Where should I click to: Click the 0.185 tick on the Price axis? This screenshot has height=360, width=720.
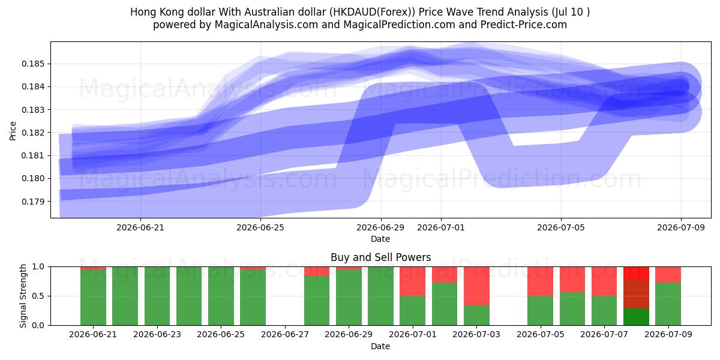click(33, 64)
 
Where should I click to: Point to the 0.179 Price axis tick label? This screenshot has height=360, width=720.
click(33, 202)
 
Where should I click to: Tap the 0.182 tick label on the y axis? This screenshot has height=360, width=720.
click(33, 133)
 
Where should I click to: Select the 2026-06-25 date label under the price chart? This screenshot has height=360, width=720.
click(260, 227)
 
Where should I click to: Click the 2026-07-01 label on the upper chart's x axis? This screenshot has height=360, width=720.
click(440, 227)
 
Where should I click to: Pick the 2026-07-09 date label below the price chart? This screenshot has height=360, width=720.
click(681, 227)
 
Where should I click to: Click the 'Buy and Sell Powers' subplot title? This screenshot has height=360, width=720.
click(380, 257)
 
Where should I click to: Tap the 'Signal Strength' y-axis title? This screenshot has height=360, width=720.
click(23, 296)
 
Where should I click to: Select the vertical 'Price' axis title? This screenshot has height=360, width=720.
click(13, 131)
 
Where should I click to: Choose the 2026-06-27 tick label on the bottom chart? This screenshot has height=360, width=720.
click(285, 335)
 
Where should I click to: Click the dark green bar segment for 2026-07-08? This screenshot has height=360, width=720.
click(636, 317)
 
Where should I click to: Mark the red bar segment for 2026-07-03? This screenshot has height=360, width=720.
click(476, 286)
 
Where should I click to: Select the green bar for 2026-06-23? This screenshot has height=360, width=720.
click(157, 296)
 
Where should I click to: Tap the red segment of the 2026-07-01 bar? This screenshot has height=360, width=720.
click(412, 281)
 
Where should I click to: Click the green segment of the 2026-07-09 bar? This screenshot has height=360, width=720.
click(668, 304)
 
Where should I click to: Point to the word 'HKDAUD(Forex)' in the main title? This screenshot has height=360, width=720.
click(372, 12)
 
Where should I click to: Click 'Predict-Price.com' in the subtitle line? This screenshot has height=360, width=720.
click(524, 25)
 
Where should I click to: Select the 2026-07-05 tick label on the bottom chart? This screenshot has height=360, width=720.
click(541, 335)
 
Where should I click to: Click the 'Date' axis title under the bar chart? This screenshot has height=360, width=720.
click(380, 346)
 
